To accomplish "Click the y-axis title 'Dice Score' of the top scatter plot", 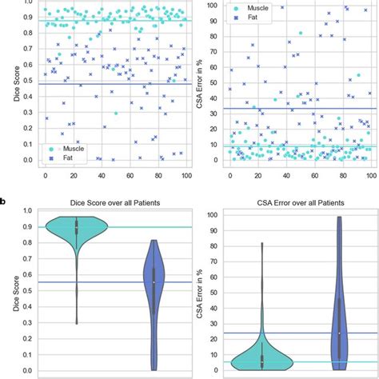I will tap(9, 84).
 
